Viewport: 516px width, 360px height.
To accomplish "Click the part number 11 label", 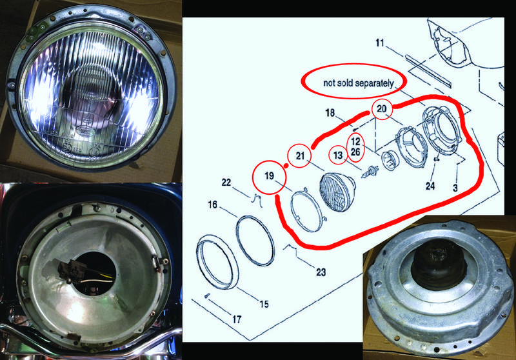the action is (380, 43).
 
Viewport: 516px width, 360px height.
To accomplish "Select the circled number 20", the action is (382, 108).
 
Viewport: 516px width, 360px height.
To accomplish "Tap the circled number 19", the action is (269, 176).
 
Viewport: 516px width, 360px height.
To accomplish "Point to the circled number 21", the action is (300, 155).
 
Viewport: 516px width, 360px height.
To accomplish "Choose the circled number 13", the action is (338, 155).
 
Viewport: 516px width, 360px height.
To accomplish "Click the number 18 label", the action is (330, 113).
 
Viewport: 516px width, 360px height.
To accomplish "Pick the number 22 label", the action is (226, 183).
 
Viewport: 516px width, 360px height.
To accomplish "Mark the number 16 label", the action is (213, 205).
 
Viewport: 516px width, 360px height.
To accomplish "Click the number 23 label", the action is (321, 272).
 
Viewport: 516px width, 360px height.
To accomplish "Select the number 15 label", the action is (264, 304).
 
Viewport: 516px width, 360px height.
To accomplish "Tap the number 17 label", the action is (237, 319).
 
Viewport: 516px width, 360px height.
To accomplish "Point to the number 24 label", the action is (430, 186).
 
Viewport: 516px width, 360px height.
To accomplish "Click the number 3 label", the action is (455, 188).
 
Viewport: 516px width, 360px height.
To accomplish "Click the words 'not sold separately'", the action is (359, 83).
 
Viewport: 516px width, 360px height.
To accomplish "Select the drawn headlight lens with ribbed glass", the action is (337, 192).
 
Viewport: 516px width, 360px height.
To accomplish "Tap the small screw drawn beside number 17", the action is (207, 295).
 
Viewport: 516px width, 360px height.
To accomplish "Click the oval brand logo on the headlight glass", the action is (86, 130).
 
